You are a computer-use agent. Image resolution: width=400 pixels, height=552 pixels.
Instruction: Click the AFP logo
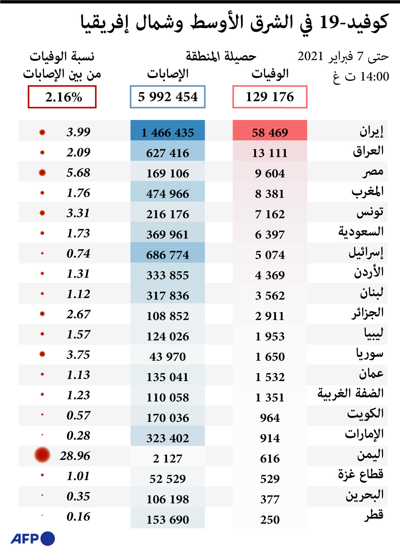point(33,538)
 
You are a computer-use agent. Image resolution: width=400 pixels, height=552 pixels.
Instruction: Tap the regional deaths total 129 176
point(270,97)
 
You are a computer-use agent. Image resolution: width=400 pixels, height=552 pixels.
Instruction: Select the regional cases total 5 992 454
point(168,97)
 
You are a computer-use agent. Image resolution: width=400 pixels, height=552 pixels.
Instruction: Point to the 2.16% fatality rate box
point(62,97)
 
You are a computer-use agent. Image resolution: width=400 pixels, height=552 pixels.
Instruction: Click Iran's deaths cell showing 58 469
point(270,133)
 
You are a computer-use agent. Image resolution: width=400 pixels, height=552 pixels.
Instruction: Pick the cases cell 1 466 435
point(168,133)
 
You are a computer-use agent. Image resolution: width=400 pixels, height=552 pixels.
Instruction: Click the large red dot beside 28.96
point(42,455)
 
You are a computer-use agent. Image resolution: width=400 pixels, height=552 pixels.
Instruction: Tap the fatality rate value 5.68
point(78,172)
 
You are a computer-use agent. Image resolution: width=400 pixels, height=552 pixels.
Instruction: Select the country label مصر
point(373,172)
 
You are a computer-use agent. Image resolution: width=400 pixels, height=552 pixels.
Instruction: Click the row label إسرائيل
point(366,253)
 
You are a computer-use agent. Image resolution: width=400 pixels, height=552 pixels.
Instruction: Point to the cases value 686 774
point(168,255)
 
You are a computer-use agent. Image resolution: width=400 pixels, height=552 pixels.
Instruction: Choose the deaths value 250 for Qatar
point(270,519)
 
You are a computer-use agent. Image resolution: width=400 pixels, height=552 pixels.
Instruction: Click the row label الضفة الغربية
point(350,393)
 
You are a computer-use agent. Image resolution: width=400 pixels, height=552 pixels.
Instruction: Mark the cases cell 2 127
point(168,458)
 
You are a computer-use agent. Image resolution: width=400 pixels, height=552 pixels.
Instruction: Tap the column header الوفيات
point(270,74)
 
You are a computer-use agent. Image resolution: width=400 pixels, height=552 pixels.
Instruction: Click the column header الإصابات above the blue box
point(168,74)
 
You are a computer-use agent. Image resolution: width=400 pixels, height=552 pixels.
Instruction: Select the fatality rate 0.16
point(78,516)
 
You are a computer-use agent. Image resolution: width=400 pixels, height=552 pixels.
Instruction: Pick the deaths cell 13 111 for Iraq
point(270,153)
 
